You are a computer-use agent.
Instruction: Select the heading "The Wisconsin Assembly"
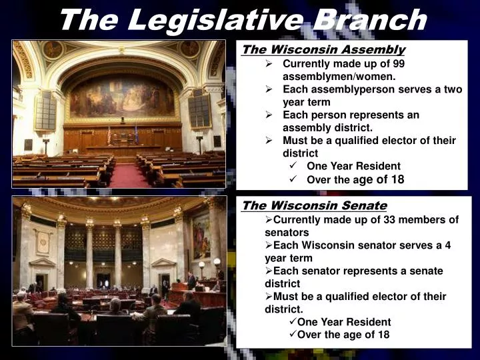(323, 50)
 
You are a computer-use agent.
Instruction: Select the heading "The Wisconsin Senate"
(314, 205)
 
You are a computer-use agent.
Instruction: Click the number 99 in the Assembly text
(398, 64)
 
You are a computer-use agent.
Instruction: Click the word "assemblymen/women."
(329, 77)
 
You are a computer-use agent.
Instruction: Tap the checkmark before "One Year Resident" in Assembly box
(293, 166)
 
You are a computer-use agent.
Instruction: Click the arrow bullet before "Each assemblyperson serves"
(269, 89)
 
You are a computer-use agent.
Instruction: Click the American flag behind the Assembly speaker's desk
(109, 135)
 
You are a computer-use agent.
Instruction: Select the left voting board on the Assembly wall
(45, 111)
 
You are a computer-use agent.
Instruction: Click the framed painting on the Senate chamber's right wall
(201, 235)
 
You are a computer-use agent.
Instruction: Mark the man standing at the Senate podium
(191, 281)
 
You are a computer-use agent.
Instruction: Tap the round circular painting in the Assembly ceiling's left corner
(52, 49)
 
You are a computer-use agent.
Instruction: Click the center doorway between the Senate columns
(103, 279)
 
